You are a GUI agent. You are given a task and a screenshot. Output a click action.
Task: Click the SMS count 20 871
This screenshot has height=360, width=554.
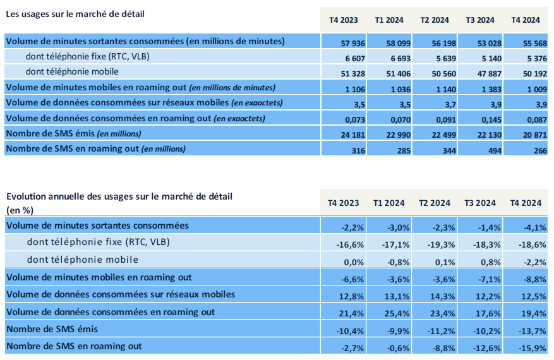tap(527, 133)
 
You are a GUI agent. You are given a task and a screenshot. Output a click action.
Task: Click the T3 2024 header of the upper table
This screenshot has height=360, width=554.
tap(479, 20)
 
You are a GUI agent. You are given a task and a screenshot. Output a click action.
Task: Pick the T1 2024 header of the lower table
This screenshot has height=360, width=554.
tap(388, 203)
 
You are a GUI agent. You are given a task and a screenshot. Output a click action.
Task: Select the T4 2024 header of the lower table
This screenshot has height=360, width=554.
tap(526, 203)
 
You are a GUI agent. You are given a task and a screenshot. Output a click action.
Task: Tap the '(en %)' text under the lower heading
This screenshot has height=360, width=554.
tap(20, 209)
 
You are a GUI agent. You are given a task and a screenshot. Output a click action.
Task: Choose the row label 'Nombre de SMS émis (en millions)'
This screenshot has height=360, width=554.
tap(73, 133)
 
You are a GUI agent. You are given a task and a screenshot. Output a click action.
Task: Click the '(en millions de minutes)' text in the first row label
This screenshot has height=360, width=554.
tap(235, 41)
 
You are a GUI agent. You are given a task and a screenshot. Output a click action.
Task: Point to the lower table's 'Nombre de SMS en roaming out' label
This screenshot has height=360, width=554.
tap(73, 346)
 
